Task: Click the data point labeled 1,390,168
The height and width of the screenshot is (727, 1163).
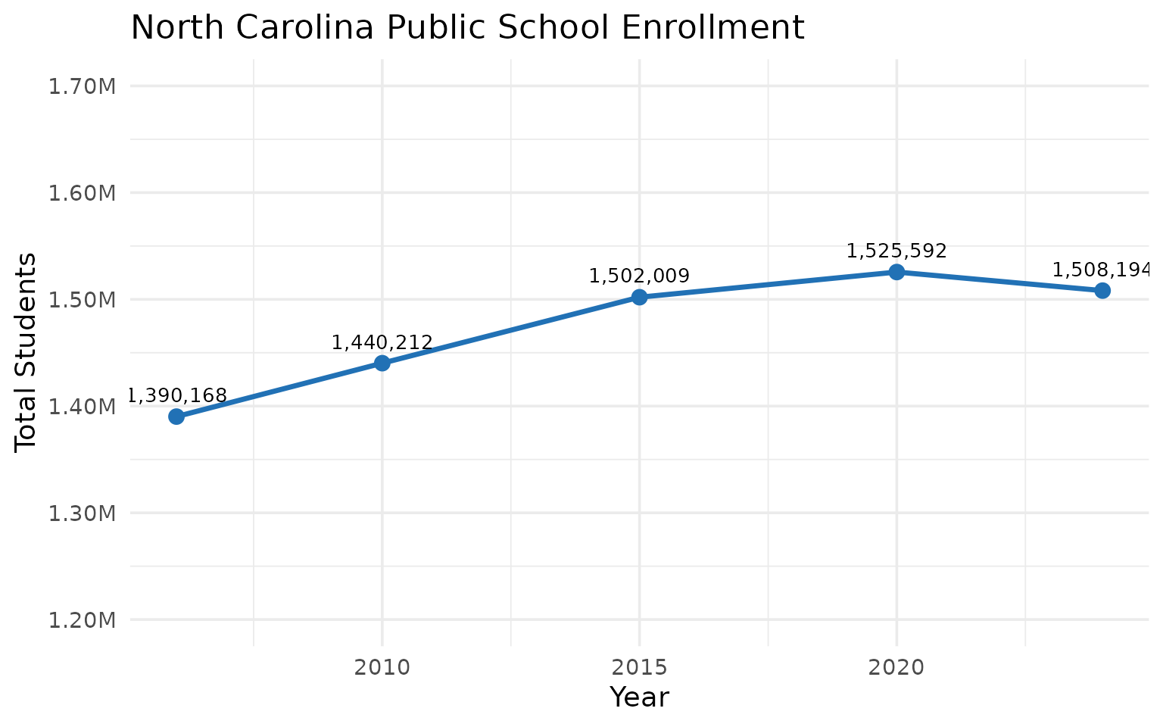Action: click(x=176, y=417)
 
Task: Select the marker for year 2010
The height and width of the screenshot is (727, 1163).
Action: click(x=382, y=363)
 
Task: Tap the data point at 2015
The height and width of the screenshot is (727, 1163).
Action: click(x=640, y=297)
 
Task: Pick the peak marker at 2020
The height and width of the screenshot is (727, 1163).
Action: click(x=896, y=272)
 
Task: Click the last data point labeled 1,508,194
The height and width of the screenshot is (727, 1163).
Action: click(x=1102, y=291)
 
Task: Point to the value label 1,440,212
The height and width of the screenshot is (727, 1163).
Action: click(x=382, y=343)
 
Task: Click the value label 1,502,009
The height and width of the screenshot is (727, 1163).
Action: click(x=640, y=276)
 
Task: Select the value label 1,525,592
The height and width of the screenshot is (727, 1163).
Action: click(x=896, y=251)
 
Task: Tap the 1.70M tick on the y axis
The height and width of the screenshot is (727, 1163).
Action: click(x=82, y=87)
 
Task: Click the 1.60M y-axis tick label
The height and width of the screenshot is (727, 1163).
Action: click(x=82, y=194)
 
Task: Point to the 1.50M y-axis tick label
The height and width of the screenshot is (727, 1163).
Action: click(x=82, y=301)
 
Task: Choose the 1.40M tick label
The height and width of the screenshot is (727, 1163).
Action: click(x=82, y=407)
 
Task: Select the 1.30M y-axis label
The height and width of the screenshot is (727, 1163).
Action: click(x=82, y=514)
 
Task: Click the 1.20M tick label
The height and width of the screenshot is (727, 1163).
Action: click(x=82, y=621)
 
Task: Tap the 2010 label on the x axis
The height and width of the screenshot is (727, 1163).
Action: click(x=382, y=668)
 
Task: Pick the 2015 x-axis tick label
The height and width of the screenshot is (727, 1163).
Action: click(x=640, y=668)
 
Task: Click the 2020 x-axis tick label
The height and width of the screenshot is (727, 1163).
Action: click(x=896, y=668)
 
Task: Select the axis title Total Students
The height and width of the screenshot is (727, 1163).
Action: click(x=26, y=352)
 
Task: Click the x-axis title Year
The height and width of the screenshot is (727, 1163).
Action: click(x=640, y=697)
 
